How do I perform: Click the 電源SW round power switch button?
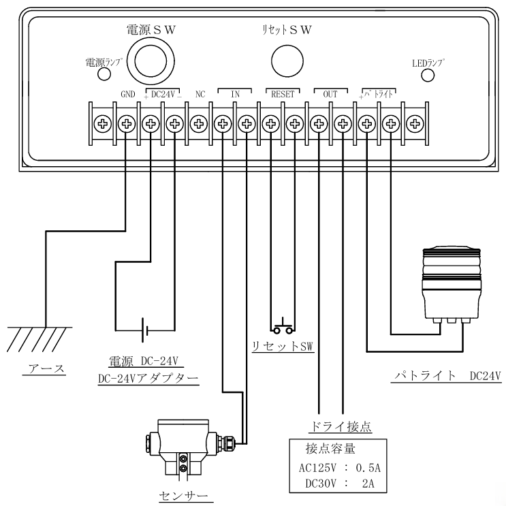click(x=151, y=61)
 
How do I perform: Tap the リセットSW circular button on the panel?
click(x=287, y=61)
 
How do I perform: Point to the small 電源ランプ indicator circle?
click(x=104, y=74)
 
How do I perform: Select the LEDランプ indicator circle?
click(x=428, y=76)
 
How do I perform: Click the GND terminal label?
click(x=128, y=94)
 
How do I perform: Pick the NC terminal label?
click(x=200, y=94)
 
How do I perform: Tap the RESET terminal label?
click(x=283, y=94)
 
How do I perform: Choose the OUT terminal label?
click(x=330, y=94)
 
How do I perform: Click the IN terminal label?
click(x=235, y=94)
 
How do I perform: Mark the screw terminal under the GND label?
click(x=127, y=124)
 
